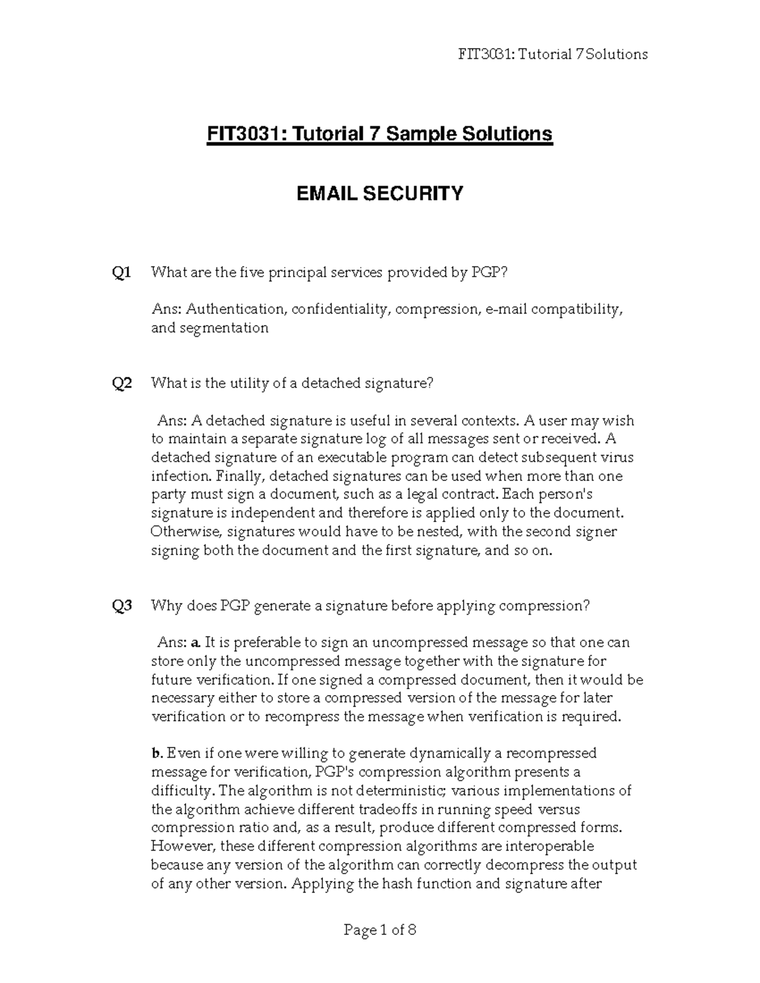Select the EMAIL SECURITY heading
380,193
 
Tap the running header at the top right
552,54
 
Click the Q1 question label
122,273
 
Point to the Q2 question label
122,384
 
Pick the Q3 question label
122,606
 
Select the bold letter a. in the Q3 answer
195,643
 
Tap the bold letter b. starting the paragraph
157,754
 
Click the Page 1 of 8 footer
380,930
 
